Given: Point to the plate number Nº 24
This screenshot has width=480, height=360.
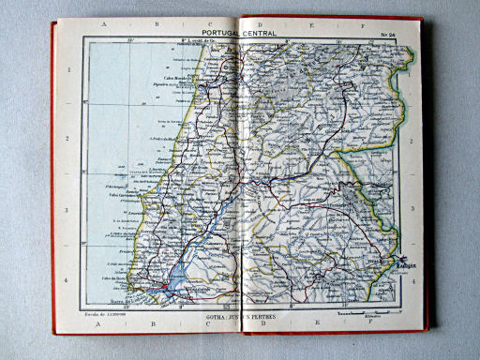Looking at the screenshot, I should click(x=387, y=36).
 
